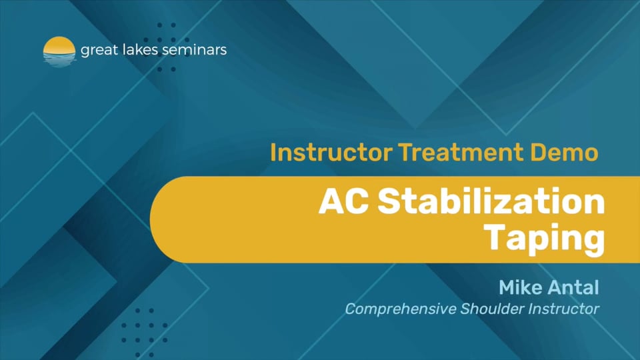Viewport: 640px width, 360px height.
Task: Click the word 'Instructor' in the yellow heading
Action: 331,153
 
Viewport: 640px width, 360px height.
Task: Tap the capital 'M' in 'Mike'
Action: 507,289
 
